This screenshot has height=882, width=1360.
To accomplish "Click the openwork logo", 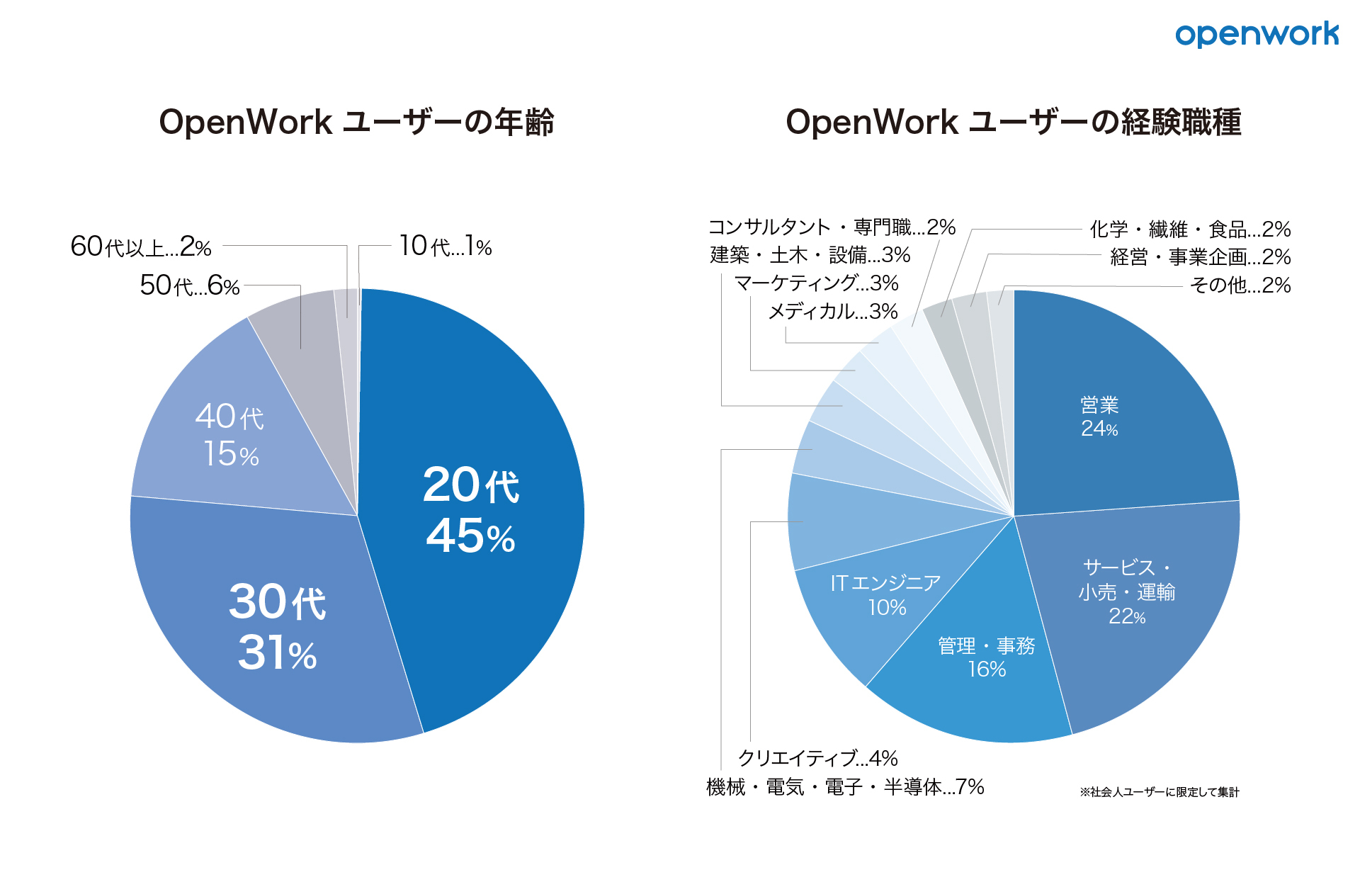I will [x=1257, y=34].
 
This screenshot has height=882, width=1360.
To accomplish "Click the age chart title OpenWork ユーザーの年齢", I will [x=356, y=122].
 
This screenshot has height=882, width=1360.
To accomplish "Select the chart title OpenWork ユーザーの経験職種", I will [x=1013, y=122].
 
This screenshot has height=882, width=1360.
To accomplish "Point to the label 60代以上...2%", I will [x=141, y=247].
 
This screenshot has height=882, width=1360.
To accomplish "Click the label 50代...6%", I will [x=189, y=285].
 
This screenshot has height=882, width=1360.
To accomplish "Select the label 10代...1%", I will [x=445, y=247].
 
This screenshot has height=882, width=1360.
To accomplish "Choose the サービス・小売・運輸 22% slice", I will [x=1126, y=591].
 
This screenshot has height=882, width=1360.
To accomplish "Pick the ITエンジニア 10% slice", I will [x=885, y=595].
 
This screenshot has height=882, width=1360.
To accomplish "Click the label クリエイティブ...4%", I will [x=817, y=758].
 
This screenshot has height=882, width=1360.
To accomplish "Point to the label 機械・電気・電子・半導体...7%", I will [x=845, y=786].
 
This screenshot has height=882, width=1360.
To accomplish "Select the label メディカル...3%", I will [x=833, y=311].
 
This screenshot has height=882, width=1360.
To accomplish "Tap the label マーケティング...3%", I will [x=816, y=283].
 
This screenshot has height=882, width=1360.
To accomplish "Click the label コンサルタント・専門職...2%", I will [x=832, y=227].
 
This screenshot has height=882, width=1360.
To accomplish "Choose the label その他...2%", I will [x=1240, y=285].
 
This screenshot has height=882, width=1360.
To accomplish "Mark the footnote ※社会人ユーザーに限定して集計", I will [x=1159, y=792].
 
